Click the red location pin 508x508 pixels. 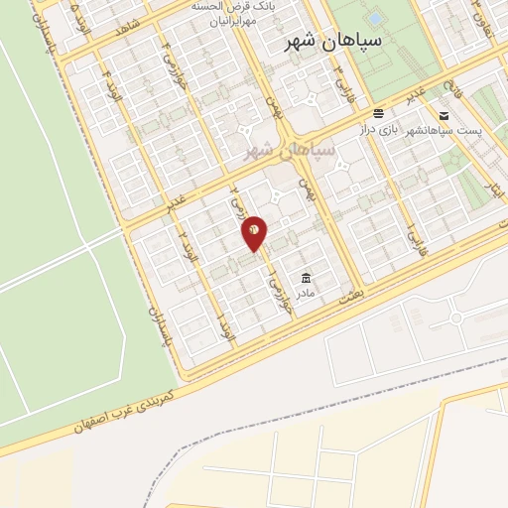click(x=255, y=231)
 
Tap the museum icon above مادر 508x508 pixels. click(x=305, y=277)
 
